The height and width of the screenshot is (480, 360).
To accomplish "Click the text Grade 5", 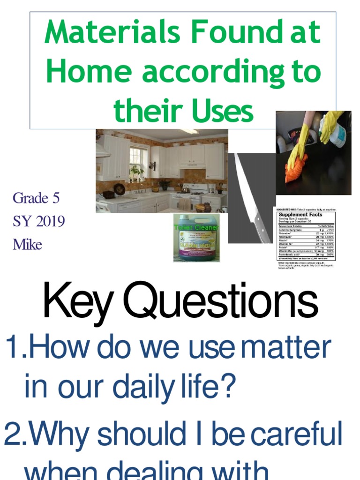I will pos(36,198).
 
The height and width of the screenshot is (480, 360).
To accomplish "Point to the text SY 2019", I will pos(38,221).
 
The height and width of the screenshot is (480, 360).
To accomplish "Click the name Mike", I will pos(27,244).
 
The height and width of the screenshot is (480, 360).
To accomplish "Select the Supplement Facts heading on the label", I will pos(300,214).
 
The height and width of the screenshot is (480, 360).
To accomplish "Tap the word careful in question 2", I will pos(296,435).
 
